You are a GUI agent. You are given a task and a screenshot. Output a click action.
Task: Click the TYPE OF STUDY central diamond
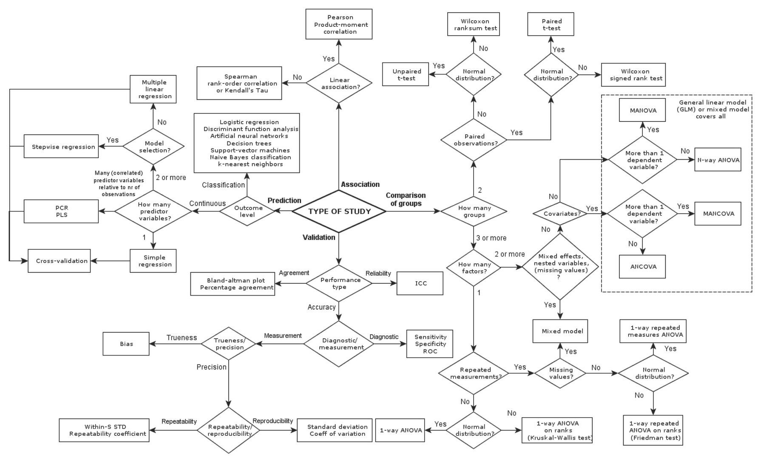[x=339, y=211]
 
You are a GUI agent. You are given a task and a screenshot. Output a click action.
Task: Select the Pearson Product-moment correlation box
[x=339, y=24]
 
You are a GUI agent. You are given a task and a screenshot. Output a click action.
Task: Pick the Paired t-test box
[x=551, y=24]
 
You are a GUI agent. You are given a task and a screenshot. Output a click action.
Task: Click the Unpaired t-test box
[x=406, y=74]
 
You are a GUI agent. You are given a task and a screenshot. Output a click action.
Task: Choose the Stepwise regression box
[x=61, y=147]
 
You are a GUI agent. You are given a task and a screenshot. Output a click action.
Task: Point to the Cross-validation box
[x=60, y=261]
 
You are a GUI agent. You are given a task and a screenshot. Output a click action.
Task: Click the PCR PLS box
[x=61, y=211]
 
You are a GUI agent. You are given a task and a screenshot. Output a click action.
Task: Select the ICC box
[x=420, y=283]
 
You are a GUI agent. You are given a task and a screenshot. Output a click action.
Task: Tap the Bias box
[x=126, y=344]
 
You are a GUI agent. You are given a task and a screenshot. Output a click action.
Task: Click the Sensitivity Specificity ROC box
[x=430, y=344]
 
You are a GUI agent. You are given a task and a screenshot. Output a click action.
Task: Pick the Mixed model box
[x=561, y=331]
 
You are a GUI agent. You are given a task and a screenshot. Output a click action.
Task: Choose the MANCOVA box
[x=718, y=213]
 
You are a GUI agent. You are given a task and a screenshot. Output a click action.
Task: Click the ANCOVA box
[x=642, y=266]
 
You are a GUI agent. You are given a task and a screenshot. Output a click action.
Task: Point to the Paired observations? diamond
[x=474, y=140]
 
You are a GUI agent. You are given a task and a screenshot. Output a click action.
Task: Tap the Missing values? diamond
[x=560, y=373]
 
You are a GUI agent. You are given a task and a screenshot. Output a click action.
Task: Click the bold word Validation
[x=319, y=237]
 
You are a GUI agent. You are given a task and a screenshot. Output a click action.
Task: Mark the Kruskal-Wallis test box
[x=557, y=430]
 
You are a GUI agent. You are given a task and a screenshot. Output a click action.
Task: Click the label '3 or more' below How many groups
[x=491, y=238]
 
